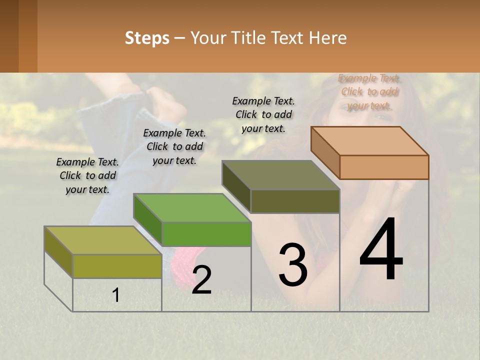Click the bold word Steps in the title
tap(147, 38)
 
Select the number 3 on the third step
tap(293, 264)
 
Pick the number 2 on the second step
tap(202, 280)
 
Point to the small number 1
tap(116, 295)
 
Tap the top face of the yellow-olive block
tap(103, 240)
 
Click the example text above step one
tap(87, 175)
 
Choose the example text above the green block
tap(174, 146)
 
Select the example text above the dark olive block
tap(263, 114)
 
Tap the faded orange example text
tap(369, 91)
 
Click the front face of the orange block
tap(384, 167)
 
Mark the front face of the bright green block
tap(206, 234)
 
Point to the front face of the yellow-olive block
tap(117, 266)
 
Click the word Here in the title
tap(328, 38)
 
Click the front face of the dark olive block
tap(295, 201)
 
